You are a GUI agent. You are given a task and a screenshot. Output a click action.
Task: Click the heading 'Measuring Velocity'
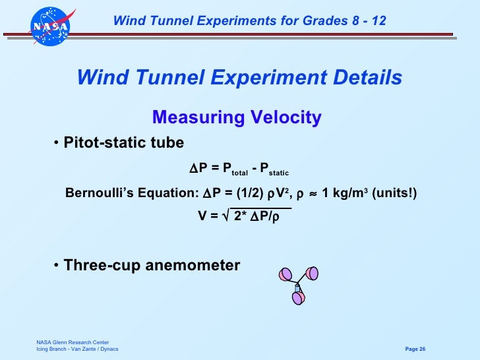click(x=237, y=118)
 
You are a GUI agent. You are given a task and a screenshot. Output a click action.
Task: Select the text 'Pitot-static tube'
click(x=124, y=144)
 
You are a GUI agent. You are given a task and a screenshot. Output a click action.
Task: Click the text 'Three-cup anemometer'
click(x=152, y=266)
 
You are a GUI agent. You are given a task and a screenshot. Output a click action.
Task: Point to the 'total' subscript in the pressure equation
click(x=239, y=173)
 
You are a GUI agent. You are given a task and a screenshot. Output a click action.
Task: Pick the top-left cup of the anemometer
click(x=286, y=274)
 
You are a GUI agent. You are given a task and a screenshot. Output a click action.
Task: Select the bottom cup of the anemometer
click(x=298, y=298)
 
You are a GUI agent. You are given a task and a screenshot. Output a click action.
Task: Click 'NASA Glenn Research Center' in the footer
click(x=68, y=342)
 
